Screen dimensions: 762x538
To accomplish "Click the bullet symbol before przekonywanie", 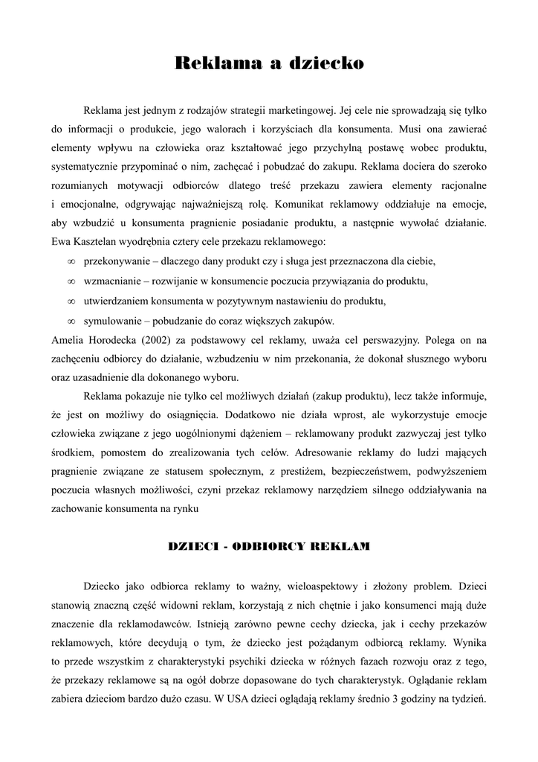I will [71, 262].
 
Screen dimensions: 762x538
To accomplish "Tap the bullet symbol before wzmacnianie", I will [71, 282].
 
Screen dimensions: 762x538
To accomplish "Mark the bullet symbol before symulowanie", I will [71, 321].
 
